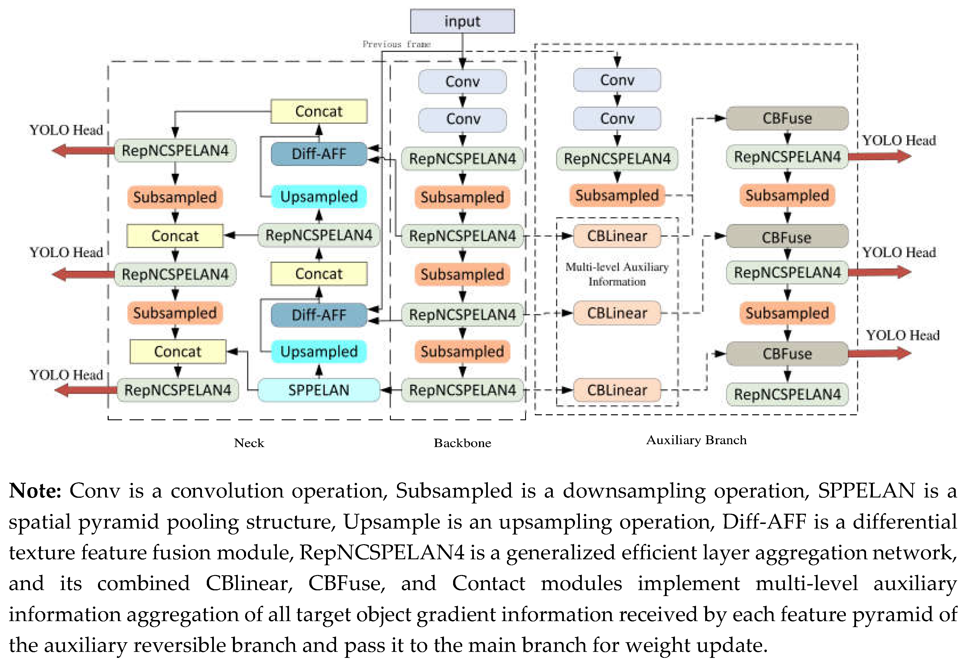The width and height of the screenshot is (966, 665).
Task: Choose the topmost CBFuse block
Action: pos(787,118)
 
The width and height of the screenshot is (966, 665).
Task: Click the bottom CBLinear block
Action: pos(617,390)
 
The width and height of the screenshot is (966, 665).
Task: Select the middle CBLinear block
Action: pos(617,313)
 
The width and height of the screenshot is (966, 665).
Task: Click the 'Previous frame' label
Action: pos(396,44)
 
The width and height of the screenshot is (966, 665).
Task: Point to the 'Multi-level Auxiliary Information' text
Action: pos(617,274)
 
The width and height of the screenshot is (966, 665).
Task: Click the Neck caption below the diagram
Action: pos(249,443)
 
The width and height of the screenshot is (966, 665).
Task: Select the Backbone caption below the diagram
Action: pos(462,443)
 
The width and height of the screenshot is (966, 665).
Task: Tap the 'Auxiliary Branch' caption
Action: pos(696,440)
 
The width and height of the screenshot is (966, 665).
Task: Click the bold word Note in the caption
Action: pos(35,491)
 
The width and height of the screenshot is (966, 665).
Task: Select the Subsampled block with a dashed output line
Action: pos(617,195)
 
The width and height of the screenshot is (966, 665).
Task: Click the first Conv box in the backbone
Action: pos(462,81)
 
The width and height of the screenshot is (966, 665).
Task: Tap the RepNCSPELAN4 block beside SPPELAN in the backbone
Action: pos(462,390)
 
